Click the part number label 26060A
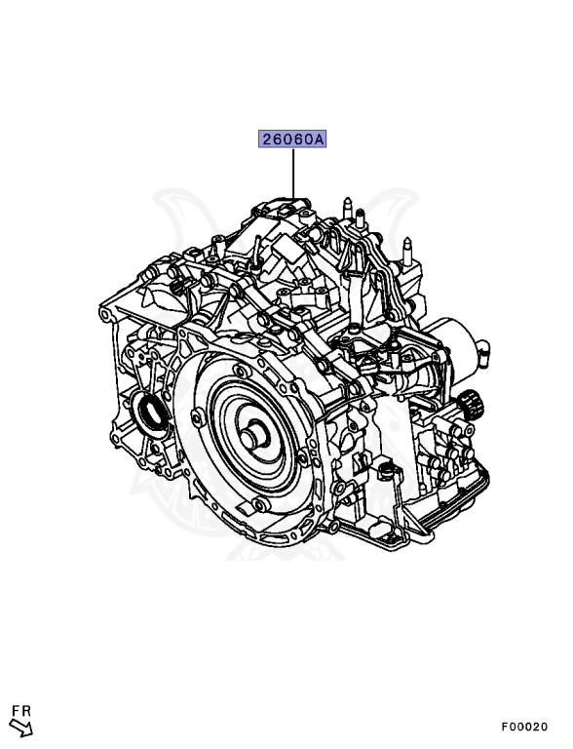(x=292, y=139)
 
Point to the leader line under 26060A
(x=293, y=173)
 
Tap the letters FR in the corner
(x=21, y=711)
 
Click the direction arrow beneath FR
(x=22, y=728)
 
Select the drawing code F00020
(x=524, y=727)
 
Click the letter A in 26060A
(x=319, y=139)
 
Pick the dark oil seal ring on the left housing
(x=149, y=411)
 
